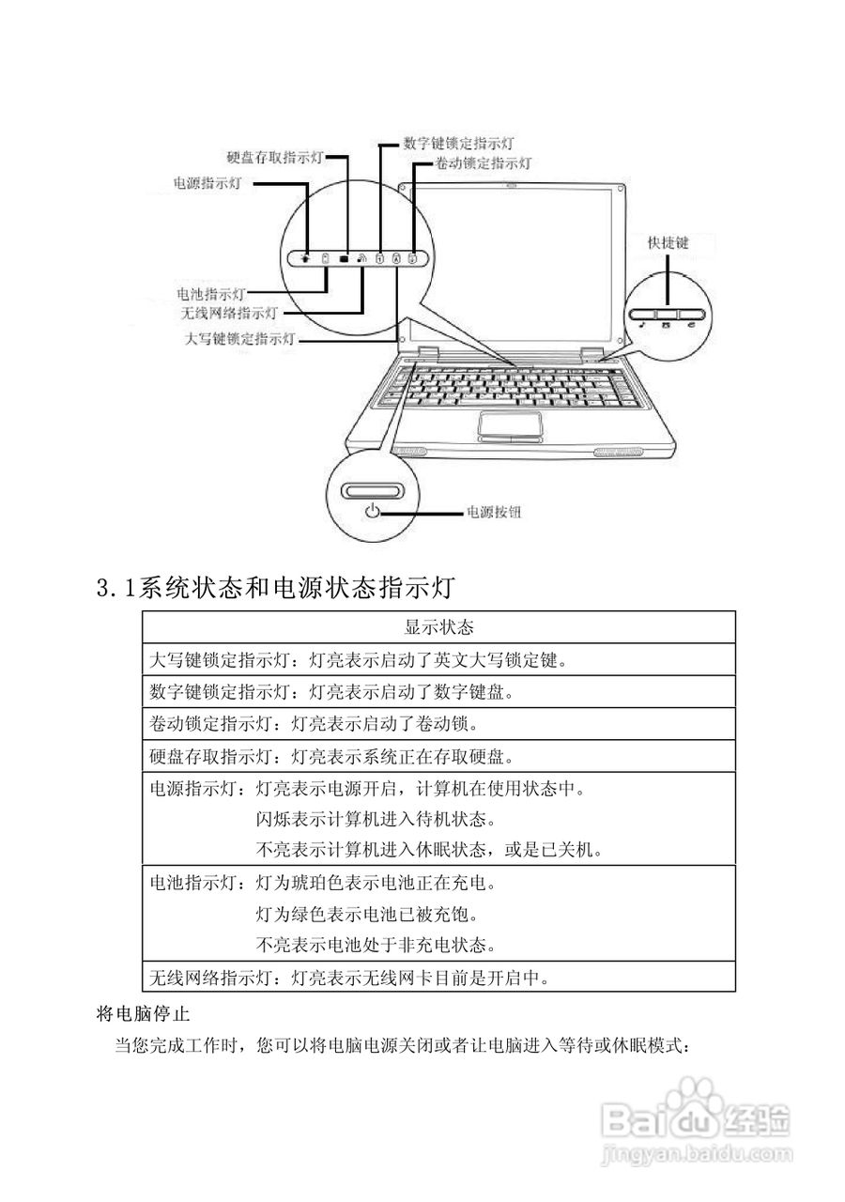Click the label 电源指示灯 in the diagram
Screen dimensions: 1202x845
pos(207,183)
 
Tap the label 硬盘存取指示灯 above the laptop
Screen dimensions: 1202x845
pos(275,158)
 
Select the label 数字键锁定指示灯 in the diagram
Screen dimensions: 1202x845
pos(458,144)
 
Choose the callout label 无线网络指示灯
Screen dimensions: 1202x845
pos(230,312)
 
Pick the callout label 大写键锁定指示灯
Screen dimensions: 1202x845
pos(241,338)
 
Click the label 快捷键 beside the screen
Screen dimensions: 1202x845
pos(668,242)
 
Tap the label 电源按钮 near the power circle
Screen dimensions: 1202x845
pos(494,513)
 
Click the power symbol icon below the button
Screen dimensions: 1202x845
pos(374,512)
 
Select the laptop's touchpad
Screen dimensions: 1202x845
pos(511,424)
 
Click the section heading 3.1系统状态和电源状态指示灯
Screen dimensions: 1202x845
pos(276,589)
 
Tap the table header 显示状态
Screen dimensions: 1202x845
pos(438,626)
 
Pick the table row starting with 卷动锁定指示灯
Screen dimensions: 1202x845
pos(315,724)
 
